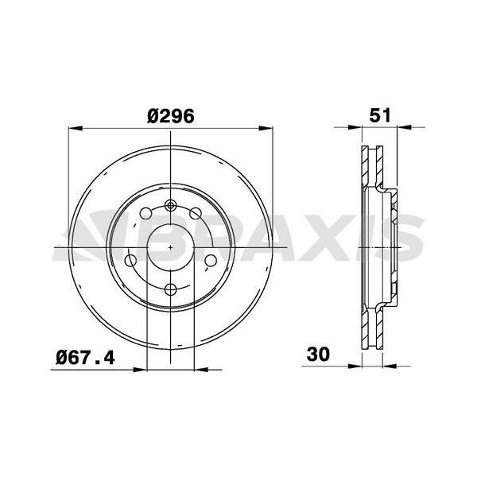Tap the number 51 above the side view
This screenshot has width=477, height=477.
[x=380, y=114]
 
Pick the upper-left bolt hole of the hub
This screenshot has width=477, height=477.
[x=145, y=213]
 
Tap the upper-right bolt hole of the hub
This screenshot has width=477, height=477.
[x=195, y=213]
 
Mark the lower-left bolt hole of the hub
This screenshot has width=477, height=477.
[x=131, y=260]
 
